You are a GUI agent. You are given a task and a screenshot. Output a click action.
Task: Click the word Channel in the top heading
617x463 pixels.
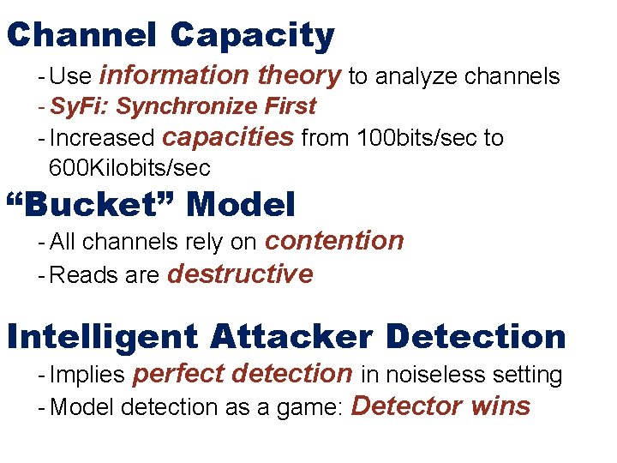[x=81, y=36]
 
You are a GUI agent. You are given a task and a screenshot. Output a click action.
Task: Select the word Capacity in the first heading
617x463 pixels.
[x=252, y=36]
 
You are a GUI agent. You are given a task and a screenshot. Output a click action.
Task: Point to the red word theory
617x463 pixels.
[x=299, y=75]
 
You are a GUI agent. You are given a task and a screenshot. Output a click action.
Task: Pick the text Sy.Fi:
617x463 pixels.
[x=81, y=106]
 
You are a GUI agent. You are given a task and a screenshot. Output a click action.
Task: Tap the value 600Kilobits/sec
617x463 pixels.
[x=129, y=167]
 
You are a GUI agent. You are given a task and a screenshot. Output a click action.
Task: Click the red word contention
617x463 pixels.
[x=334, y=241]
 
